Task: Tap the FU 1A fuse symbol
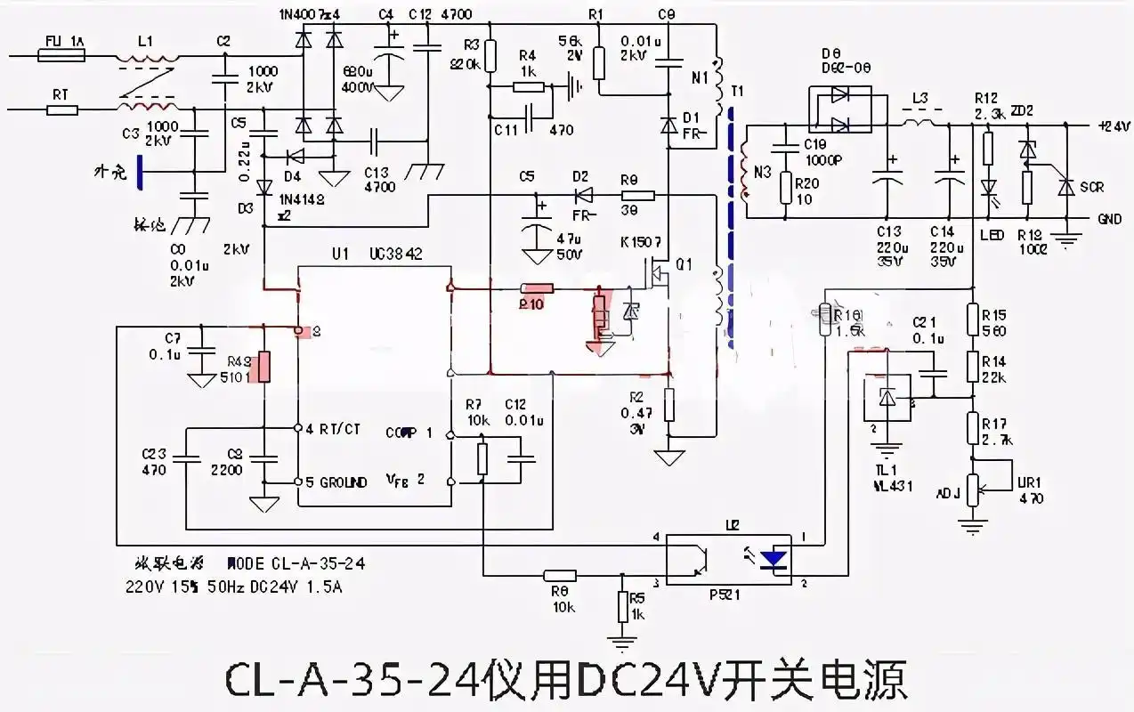61,55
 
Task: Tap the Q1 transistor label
683,263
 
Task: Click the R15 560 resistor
973,321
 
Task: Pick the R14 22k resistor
973,368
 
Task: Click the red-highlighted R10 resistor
537,288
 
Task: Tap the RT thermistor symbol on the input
61,110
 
